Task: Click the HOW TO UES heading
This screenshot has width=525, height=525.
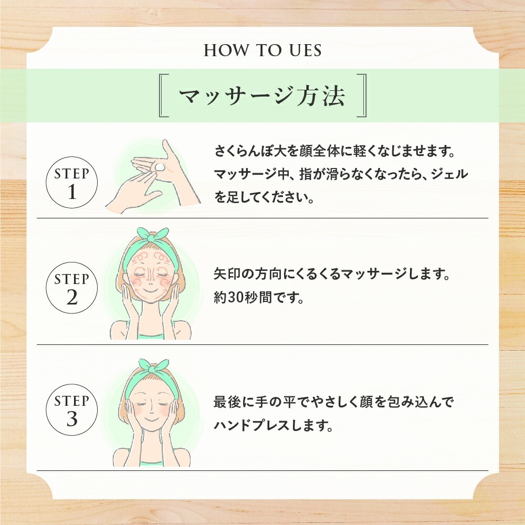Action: coord(263,50)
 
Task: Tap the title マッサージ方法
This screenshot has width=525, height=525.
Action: coord(262,96)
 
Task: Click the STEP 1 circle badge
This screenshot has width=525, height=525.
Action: coord(71,183)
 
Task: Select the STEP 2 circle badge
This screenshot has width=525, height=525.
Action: coord(71,288)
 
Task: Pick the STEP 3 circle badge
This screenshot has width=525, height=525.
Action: coord(71,410)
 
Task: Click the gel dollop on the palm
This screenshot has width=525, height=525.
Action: coord(160,166)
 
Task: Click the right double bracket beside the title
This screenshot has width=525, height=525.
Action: coord(361,96)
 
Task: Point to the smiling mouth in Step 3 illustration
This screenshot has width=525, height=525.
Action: coord(151,420)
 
